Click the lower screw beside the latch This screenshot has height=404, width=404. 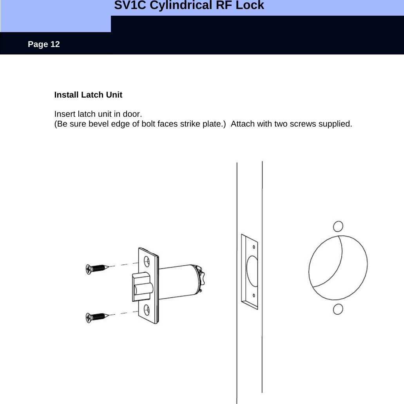tap(96, 316)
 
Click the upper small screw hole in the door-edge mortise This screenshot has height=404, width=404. tap(254, 247)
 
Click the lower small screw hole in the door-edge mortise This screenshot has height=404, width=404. tap(254, 296)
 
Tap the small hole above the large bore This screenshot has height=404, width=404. tap(338, 226)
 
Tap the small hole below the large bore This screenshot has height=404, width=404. tap(338, 309)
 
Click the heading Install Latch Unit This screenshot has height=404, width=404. tap(88, 95)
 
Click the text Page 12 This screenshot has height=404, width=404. tap(44, 44)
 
